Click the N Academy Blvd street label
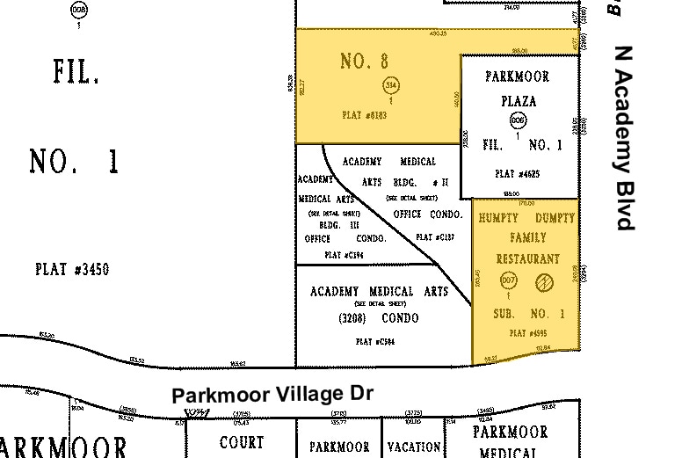click(x=624, y=138)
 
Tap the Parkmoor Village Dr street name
click(x=272, y=395)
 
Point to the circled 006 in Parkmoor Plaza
click(x=518, y=121)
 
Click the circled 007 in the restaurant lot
click(x=507, y=281)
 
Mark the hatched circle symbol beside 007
click(x=542, y=281)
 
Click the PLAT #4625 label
click(x=518, y=174)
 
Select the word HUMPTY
click(x=498, y=216)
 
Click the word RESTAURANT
click(x=528, y=259)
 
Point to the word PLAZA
click(x=518, y=101)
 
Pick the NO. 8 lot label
click(x=364, y=62)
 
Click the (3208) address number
click(x=336, y=317)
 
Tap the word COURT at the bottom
click(x=242, y=442)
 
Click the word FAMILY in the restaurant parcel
click(x=527, y=237)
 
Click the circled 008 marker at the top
click(x=79, y=11)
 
